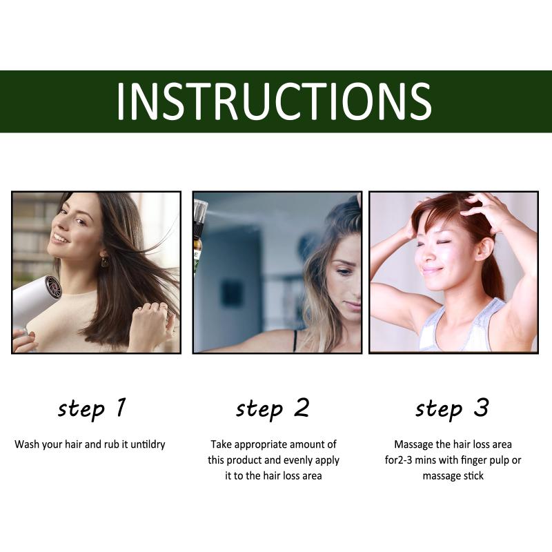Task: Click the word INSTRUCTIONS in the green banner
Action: (x=274, y=101)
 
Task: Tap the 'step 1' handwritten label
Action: (x=92, y=409)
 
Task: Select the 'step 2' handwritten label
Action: (x=273, y=409)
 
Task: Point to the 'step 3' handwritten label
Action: (x=453, y=409)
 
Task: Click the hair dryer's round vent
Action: (x=54, y=286)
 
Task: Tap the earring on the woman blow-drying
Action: (x=105, y=260)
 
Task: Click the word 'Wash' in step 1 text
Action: (x=27, y=444)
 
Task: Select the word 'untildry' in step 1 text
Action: (x=148, y=444)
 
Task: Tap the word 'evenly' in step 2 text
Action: (x=298, y=461)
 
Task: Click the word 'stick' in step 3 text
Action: (x=474, y=476)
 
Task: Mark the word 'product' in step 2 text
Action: (x=244, y=461)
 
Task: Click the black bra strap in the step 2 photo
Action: (x=295, y=341)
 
